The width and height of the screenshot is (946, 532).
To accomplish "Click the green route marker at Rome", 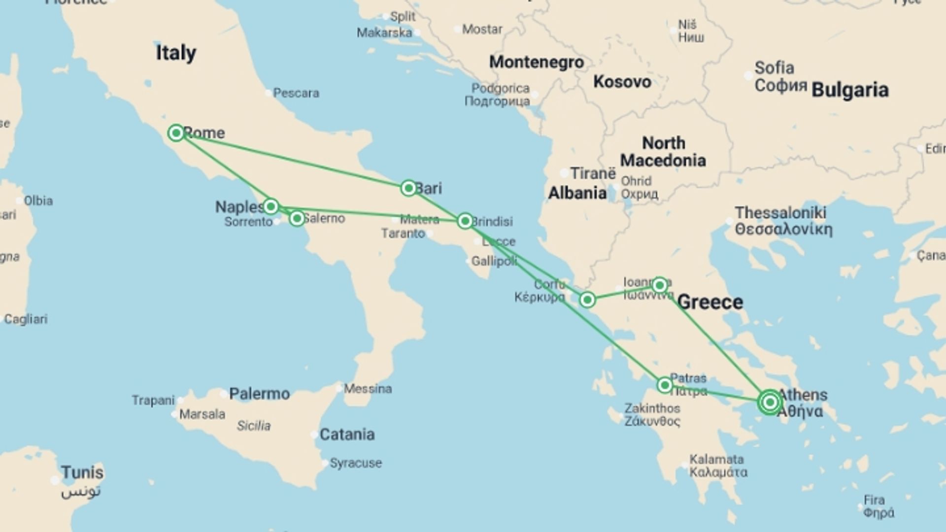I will [176, 133].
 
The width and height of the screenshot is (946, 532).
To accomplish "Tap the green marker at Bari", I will [408, 188].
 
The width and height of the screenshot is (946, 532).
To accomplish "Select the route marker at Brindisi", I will [465, 221].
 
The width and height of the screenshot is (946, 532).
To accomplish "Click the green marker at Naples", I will [270, 206].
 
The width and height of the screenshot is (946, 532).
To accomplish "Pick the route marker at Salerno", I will [297, 218].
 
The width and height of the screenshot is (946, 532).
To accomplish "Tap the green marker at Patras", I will [665, 385].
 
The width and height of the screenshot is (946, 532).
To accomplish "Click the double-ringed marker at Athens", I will [770, 402].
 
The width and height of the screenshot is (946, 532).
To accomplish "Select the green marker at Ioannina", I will [659, 285].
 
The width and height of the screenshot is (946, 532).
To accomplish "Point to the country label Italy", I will [176, 53].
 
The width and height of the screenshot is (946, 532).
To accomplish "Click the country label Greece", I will [710, 302].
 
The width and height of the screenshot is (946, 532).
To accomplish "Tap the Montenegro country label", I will [536, 62].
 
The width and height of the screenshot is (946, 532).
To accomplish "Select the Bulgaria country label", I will [850, 90].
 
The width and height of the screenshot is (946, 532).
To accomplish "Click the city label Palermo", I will [259, 394].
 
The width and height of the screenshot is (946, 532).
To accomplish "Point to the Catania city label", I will [347, 434].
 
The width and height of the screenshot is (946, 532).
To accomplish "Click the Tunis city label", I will [82, 472].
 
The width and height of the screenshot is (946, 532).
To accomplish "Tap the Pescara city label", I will [296, 93].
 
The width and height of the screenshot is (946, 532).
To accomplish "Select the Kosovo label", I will [622, 82].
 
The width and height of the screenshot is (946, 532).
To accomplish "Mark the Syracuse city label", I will [355, 463].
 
